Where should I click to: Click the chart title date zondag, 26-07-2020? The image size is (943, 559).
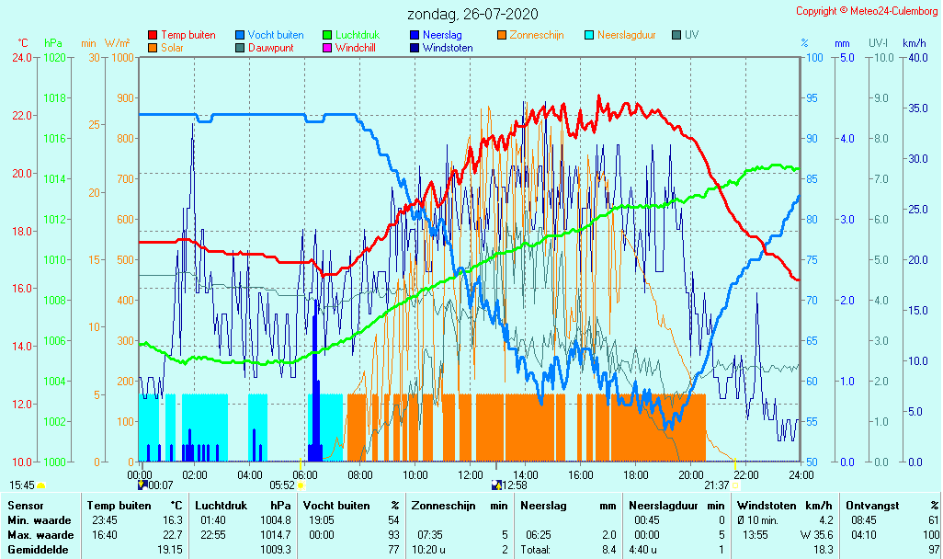click(x=472, y=14)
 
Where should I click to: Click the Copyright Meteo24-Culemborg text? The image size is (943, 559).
click(x=867, y=11)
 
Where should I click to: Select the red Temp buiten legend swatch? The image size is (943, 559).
click(x=153, y=35)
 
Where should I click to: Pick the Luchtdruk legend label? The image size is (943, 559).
click(x=358, y=35)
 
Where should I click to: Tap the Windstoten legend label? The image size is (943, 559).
click(x=448, y=48)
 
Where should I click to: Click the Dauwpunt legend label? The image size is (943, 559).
click(x=270, y=48)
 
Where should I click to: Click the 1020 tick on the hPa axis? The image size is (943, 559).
click(x=54, y=58)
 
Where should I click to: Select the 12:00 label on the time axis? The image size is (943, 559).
click(x=471, y=474)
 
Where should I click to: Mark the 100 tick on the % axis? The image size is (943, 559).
click(x=812, y=58)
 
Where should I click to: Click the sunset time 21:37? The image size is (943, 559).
click(x=717, y=485)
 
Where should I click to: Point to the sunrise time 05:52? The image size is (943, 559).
click(x=281, y=485)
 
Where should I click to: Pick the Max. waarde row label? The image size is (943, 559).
click(x=35, y=535)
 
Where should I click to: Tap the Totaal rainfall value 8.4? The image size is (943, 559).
click(x=607, y=550)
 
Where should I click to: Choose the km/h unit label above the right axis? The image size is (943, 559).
click(x=915, y=43)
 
